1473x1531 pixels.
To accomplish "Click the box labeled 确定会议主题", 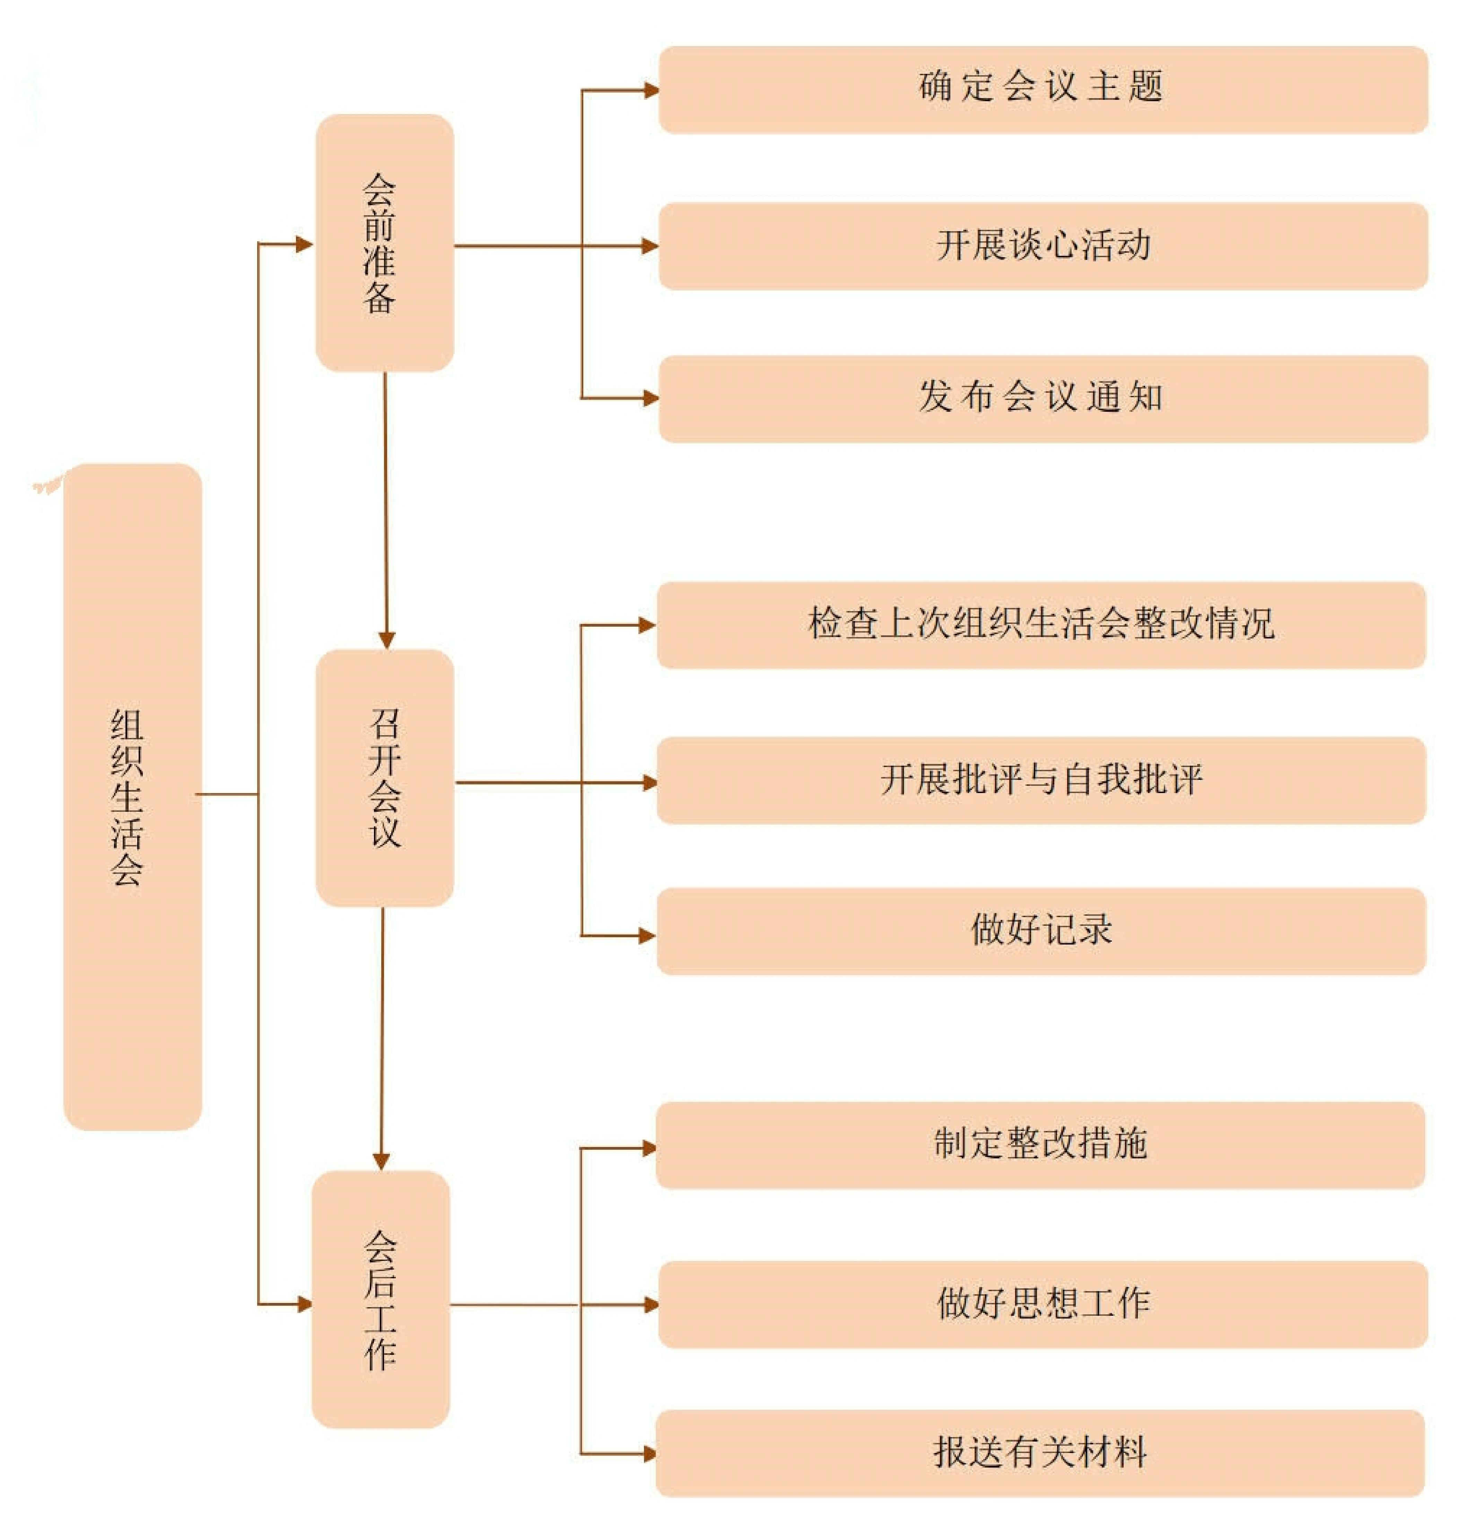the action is pos(1043,90).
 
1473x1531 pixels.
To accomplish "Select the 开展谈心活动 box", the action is pos(1043,246).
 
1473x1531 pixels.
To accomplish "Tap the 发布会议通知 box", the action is pos(1043,399).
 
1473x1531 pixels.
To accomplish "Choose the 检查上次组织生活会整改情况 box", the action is pos(1041,625).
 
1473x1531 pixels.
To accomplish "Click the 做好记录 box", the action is pos(1041,931).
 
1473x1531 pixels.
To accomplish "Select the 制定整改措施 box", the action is pos(1040,1145).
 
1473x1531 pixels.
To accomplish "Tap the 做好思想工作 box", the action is pos(1043,1304).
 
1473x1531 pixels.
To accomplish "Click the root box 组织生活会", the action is pos(133,797).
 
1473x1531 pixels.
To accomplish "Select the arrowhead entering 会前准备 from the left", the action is pos(305,244).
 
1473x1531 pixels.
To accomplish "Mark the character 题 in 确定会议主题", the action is pos(1146,86).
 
